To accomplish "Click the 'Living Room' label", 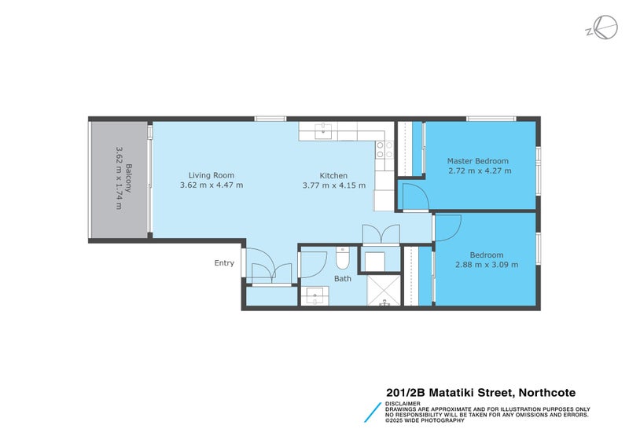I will click(x=212, y=175).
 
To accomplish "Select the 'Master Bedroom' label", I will click(x=479, y=160).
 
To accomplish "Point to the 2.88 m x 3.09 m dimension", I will click(x=486, y=265).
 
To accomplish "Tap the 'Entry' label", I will click(x=224, y=263).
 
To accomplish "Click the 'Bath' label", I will click(x=343, y=278).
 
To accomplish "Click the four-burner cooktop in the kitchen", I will click(x=384, y=149).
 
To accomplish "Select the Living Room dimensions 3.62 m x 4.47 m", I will click(x=212, y=185).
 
